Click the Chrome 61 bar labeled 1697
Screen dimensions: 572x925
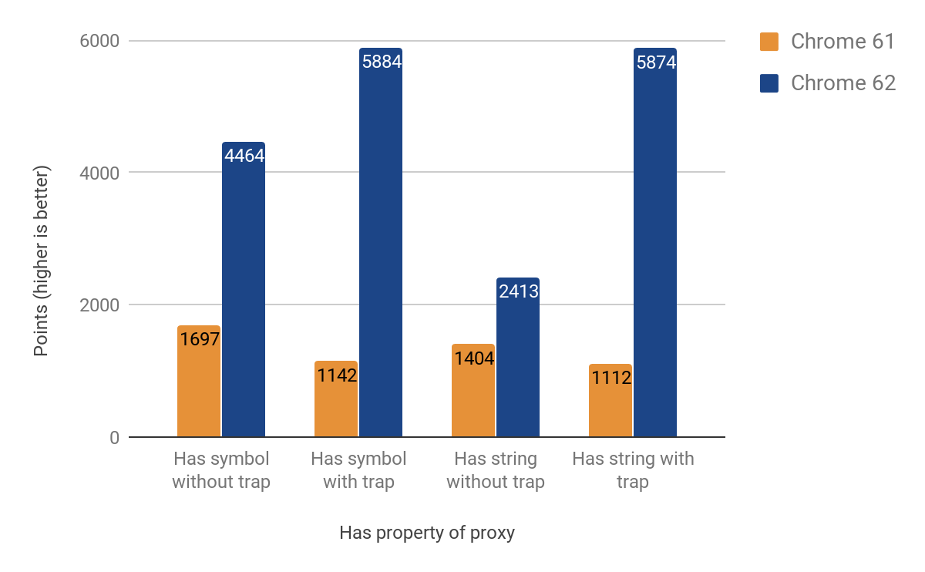point(199,382)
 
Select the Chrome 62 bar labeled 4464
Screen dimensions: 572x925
point(244,290)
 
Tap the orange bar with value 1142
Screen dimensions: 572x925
point(336,399)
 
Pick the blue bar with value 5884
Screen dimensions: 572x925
point(381,243)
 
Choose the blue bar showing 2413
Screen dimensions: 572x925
point(518,358)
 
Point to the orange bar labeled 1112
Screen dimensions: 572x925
point(610,401)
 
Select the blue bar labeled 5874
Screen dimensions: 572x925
point(655,243)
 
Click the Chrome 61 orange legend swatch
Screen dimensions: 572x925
point(769,42)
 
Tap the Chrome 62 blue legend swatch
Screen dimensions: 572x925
point(769,83)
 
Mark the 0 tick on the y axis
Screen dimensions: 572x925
point(114,437)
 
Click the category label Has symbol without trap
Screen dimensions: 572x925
point(221,470)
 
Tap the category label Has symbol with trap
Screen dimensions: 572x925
point(358,470)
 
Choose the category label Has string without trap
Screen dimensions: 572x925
point(496,470)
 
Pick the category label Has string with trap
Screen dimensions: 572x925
point(633,470)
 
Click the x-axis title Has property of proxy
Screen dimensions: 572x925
point(427,533)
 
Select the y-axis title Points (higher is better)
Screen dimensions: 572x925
point(41,261)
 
